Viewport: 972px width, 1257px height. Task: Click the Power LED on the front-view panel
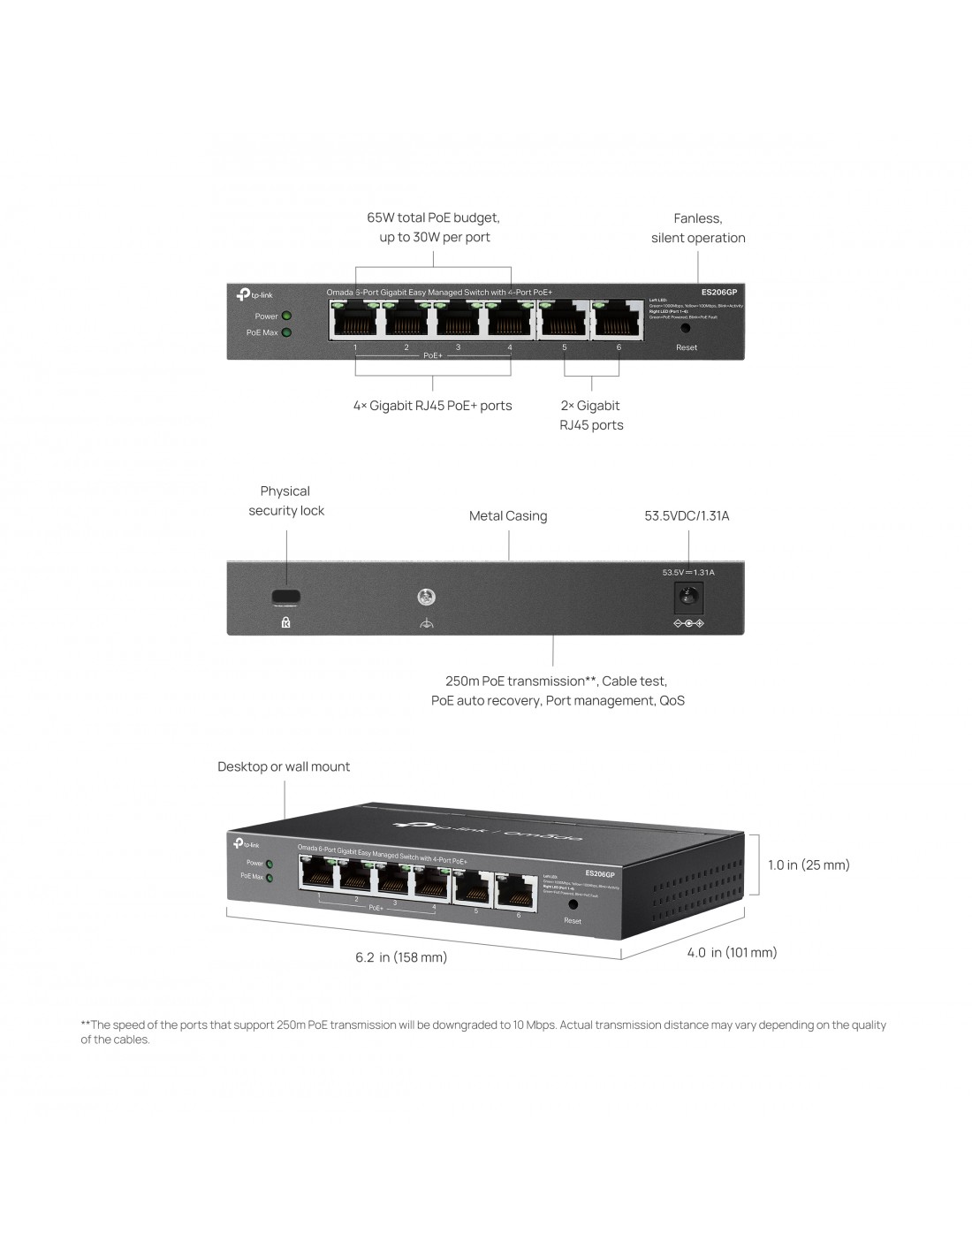[x=286, y=316]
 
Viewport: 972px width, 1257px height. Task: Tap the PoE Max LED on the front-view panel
[x=286, y=332]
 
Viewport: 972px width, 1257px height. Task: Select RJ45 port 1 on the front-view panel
[x=355, y=319]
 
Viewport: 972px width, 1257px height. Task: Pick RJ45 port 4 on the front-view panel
[x=510, y=319]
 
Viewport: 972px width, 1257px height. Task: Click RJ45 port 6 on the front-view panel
[x=618, y=319]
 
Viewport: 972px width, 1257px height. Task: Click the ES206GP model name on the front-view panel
[x=718, y=292]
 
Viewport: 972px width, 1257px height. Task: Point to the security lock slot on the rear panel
[x=285, y=596]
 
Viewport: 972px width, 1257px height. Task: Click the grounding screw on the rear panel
[x=427, y=597]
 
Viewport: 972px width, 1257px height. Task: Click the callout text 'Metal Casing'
[x=508, y=516]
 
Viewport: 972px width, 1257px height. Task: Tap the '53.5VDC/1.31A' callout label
[x=687, y=515]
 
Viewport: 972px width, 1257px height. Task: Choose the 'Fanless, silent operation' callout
[x=698, y=228]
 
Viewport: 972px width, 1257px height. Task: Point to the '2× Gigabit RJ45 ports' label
[x=591, y=415]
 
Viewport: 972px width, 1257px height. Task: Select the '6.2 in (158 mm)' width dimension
[x=401, y=957]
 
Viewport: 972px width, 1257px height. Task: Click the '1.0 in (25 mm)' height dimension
[x=809, y=865]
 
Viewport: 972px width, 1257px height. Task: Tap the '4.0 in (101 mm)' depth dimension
[x=732, y=952]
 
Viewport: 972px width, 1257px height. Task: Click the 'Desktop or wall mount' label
[x=284, y=766]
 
